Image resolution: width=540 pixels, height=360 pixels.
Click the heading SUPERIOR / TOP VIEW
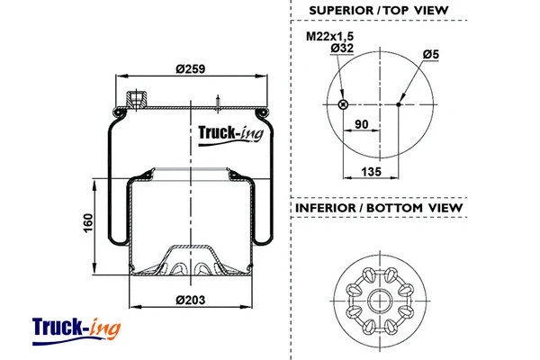point(378,11)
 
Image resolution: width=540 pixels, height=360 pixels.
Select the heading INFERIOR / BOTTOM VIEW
point(378,208)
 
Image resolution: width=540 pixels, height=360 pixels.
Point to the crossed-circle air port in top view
point(343,104)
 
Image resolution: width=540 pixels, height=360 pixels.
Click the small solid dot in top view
point(399,104)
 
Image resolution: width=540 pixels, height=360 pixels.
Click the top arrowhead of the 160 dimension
point(95,184)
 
